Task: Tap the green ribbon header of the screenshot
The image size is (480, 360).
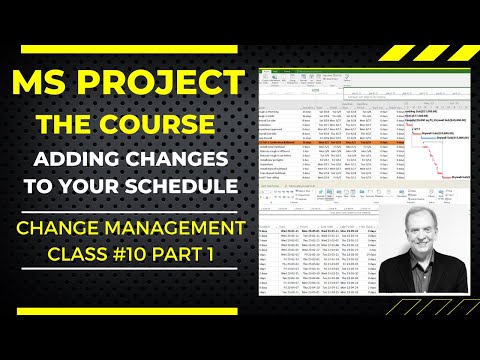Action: (300, 72)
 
